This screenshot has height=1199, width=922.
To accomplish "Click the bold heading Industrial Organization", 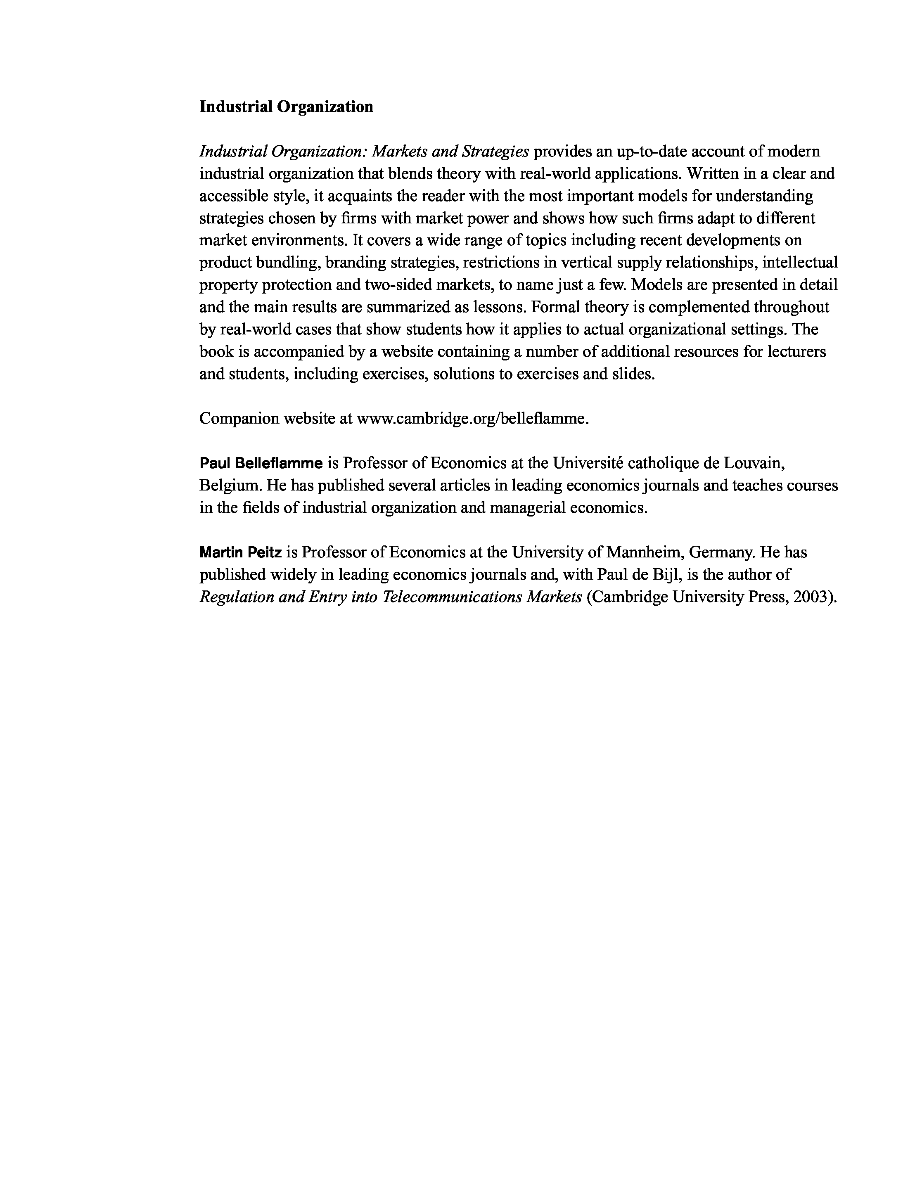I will point(286,107).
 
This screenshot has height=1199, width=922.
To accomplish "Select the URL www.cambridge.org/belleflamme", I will point(472,418).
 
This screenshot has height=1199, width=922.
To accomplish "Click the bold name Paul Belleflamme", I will point(261,463).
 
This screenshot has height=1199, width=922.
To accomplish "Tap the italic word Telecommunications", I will point(452,597).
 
